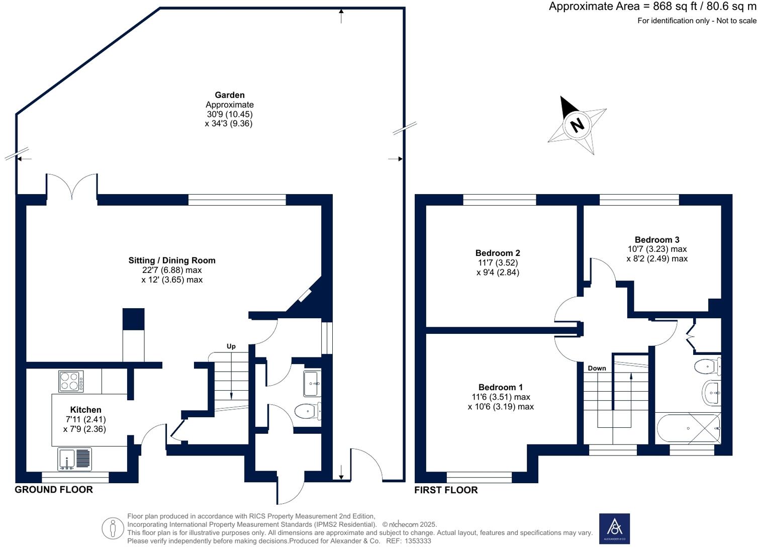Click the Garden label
[x=229, y=95]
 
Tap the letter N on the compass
[x=578, y=124]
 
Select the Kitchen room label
[x=85, y=410]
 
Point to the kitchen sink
[x=75, y=459]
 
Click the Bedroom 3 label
[x=656, y=240]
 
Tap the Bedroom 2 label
[x=497, y=253]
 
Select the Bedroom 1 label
[x=500, y=387]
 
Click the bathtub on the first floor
[x=688, y=428]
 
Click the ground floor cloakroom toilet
[x=306, y=412]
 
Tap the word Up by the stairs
[x=231, y=346]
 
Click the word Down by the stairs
[x=597, y=368]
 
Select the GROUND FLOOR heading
[x=54, y=490]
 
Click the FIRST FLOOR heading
[x=446, y=490]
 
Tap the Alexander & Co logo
[x=614, y=528]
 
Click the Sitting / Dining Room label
[x=172, y=260]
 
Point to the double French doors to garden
[x=72, y=187]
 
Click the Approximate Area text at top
[x=652, y=7]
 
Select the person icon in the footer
[x=113, y=528]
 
